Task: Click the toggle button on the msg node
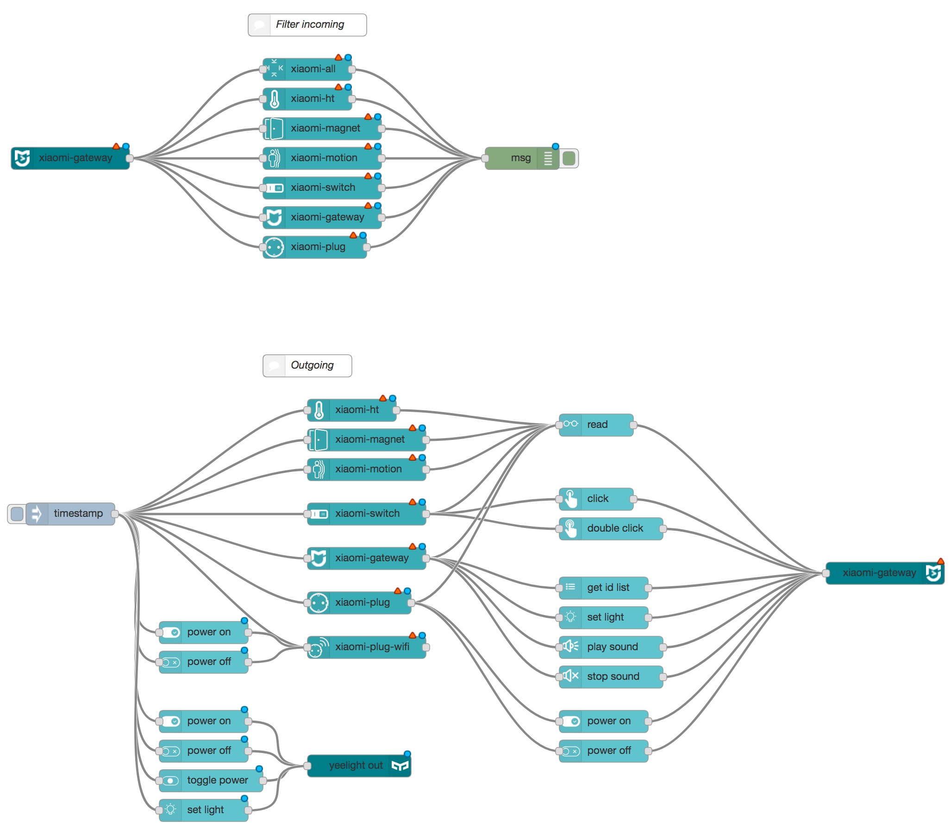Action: pos(569,158)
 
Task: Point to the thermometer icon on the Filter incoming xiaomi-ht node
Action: pos(274,99)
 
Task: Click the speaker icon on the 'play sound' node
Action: pos(570,646)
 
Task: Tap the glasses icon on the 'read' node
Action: pos(570,424)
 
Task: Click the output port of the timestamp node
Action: pos(115,514)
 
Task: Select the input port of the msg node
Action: pos(485,158)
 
